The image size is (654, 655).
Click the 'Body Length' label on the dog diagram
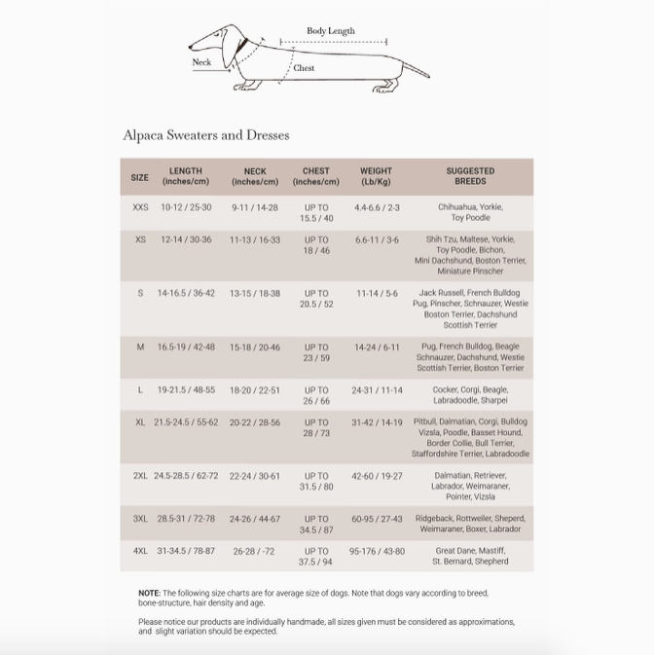point(331,31)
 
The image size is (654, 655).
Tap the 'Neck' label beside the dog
point(201,62)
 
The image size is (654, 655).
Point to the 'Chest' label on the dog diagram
point(304,68)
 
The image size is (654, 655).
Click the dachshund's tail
point(416,69)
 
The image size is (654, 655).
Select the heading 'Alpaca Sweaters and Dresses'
point(205,135)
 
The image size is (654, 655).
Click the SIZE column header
point(140,177)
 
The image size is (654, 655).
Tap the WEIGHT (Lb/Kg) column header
point(376,176)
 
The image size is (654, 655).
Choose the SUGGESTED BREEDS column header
point(470,176)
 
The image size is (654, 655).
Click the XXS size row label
point(141,207)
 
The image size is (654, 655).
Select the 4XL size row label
point(141,551)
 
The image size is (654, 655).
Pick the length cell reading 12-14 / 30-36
point(186,239)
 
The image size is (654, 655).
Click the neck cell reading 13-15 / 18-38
point(255,293)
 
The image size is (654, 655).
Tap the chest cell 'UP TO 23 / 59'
point(316,352)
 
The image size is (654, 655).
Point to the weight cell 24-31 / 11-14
point(377,390)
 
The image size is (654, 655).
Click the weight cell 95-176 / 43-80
point(377,551)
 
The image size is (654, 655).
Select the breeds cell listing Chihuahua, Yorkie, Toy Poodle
point(470,212)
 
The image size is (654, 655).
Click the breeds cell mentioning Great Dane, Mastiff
point(470,556)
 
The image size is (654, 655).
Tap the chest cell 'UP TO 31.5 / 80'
point(316,481)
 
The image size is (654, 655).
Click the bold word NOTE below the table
point(148,593)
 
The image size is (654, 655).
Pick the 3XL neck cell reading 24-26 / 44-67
point(255,519)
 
